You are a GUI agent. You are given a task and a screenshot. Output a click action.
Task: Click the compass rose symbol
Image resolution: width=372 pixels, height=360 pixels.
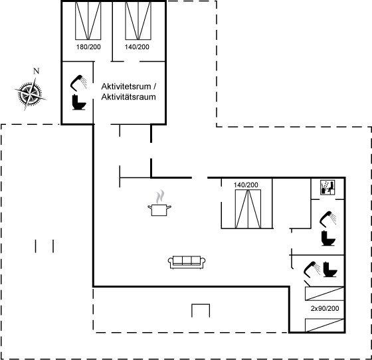[30, 94]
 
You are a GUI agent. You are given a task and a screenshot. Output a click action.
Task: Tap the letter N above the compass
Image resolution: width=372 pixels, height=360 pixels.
[36, 71]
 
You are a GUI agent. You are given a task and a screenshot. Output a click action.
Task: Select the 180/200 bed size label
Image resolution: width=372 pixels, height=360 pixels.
[88, 47]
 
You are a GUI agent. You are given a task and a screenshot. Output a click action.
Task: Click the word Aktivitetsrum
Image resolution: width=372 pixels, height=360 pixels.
[126, 86]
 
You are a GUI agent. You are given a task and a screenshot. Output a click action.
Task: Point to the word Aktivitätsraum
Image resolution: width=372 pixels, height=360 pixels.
[128, 97]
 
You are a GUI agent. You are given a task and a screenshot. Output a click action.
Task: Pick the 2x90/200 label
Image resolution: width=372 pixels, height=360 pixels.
[325, 308]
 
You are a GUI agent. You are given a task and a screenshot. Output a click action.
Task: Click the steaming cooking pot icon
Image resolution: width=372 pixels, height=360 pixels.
[159, 203]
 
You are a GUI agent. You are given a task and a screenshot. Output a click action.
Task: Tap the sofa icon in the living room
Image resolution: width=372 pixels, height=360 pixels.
[187, 262]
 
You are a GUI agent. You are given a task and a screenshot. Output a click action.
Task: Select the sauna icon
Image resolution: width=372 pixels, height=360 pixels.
[327, 187]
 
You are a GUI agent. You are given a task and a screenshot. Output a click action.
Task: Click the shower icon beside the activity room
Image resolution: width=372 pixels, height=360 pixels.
[78, 83]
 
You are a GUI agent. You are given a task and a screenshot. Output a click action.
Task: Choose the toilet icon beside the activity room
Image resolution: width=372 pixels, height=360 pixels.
[79, 102]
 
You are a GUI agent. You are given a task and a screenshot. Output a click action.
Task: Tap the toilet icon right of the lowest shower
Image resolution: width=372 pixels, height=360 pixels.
[330, 269]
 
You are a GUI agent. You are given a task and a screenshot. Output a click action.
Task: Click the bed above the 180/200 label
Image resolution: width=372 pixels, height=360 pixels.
[88, 21]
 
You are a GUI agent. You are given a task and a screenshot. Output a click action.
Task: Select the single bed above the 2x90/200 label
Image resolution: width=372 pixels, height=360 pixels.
[324, 294]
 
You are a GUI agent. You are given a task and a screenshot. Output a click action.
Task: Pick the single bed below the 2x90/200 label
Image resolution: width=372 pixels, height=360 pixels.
[324, 325]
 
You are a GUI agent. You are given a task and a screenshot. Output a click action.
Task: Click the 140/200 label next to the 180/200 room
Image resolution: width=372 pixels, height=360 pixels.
[137, 47]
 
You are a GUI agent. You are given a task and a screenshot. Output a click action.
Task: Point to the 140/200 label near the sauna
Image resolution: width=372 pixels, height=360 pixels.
[246, 185]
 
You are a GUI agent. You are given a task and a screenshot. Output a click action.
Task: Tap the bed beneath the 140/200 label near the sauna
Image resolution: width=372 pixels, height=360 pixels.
[248, 209]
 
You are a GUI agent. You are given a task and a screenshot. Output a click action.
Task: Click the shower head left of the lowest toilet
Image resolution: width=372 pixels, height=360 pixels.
[312, 270]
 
